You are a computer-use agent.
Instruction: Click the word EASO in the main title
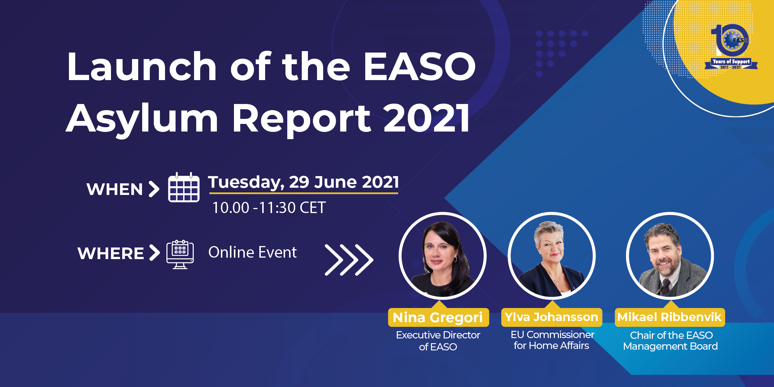pyautogui.click(x=420, y=66)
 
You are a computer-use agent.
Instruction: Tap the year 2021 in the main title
pyautogui.click(x=427, y=118)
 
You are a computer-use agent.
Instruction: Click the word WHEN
pyautogui.click(x=115, y=189)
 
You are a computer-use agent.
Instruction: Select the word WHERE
pyautogui.click(x=111, y=253)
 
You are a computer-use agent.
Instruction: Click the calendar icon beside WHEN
pyautogui.click(x=184, y=187)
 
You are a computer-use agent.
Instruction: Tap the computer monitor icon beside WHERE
pyautogui.click(x=180, y=254)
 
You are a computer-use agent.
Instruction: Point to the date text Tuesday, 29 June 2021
pyautogui.click(x=304, y=182)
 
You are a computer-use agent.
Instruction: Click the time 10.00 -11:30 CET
pyautogui.click(x=269, y=208)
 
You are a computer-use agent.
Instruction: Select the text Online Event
pyautogui.click(x=252, y=252)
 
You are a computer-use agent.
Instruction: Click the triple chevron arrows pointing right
pyautogui.click(x=349, y=260)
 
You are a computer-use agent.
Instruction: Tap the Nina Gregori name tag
pyautogui.click(x=438, y=317)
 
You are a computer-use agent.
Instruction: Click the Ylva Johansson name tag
pyautogui.click(x=551, y=317)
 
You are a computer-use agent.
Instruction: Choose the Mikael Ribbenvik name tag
pyautogui.click(x=670, y=317)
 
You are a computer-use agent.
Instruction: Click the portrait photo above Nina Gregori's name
pyautogui.click(x=442, y=256)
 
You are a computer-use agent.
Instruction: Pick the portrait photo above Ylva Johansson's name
pyautogui.click(x=552, y=256)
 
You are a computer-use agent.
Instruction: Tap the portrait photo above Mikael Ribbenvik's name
pyautogui.click(x=670, y=256)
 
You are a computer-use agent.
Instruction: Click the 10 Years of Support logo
pyautogui.click(x=731, y=47)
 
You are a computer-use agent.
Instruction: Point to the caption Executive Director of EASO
pyautogui.click(x=438, y=341)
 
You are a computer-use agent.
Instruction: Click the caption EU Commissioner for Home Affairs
pyautogui.click(x=552, y=340)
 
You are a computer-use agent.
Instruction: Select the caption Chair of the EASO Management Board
pyautogui.click(x=670, y=341)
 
